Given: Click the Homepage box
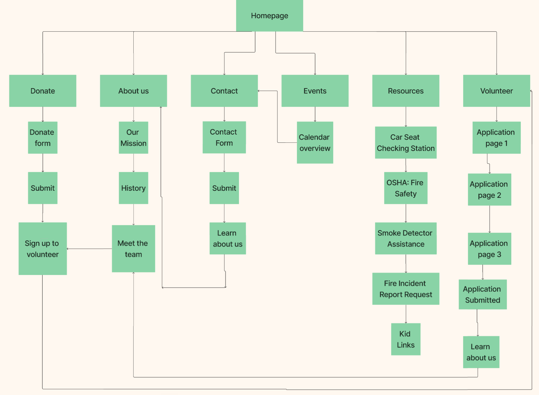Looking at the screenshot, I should tap(269, 16).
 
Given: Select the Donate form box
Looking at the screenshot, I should tap(43, 138).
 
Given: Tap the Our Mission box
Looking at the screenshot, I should tap(133, 138).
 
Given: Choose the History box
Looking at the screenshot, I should tap(133, 188).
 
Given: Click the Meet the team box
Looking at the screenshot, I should tap(133, 249).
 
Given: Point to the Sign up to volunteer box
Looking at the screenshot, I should tap(43, 249).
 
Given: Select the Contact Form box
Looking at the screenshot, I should tap(224, 137).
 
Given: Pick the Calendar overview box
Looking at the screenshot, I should tap(315, 142).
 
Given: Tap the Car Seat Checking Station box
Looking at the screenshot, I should tap(406, 142).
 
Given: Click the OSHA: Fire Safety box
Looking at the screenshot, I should tap(406, 188).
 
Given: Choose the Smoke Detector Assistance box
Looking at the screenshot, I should tap(406, 238).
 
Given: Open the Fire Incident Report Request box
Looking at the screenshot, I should tap(406, 289).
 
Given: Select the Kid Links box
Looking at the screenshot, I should tap(406, 339).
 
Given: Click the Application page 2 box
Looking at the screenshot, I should tap(489, 189).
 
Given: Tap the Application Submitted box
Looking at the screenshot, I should tap(482, 294).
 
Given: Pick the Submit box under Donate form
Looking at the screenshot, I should tap(43, 188).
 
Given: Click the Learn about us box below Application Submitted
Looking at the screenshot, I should tap(481, 352).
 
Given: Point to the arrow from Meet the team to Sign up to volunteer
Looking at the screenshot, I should tap(89, 249).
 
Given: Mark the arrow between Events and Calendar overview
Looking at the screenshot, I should tap(315, 114).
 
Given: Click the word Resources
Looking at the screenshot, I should tap(406, 91).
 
